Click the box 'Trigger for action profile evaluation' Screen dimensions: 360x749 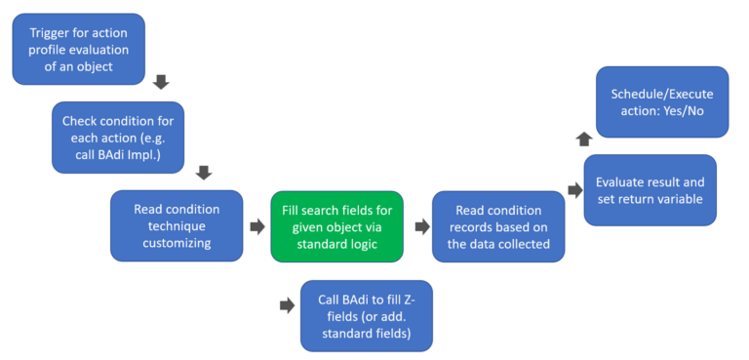click(x=78, y=48)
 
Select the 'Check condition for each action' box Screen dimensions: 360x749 click(x=117, y=137)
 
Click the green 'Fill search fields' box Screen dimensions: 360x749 click(x=336, y=225)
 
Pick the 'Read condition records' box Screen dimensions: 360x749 click(x=497, y=225)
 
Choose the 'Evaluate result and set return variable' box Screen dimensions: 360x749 click(x=650, y=190)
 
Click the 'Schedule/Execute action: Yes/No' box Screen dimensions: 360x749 click(x=662, y=102)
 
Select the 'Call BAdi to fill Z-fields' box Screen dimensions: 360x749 click(x=366, y=314)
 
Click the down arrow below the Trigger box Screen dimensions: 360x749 click(x=162, y=82)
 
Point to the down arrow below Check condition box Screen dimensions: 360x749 click(x=204, y=173)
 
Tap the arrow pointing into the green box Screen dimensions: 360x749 click(x=256, y=226)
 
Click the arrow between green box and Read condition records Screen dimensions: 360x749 click(x=421, y=226)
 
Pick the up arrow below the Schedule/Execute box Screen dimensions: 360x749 click(x=583, y=140)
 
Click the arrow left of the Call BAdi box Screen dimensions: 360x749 click(x=286, y=305)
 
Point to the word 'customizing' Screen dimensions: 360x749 click(x=177, y=243)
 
